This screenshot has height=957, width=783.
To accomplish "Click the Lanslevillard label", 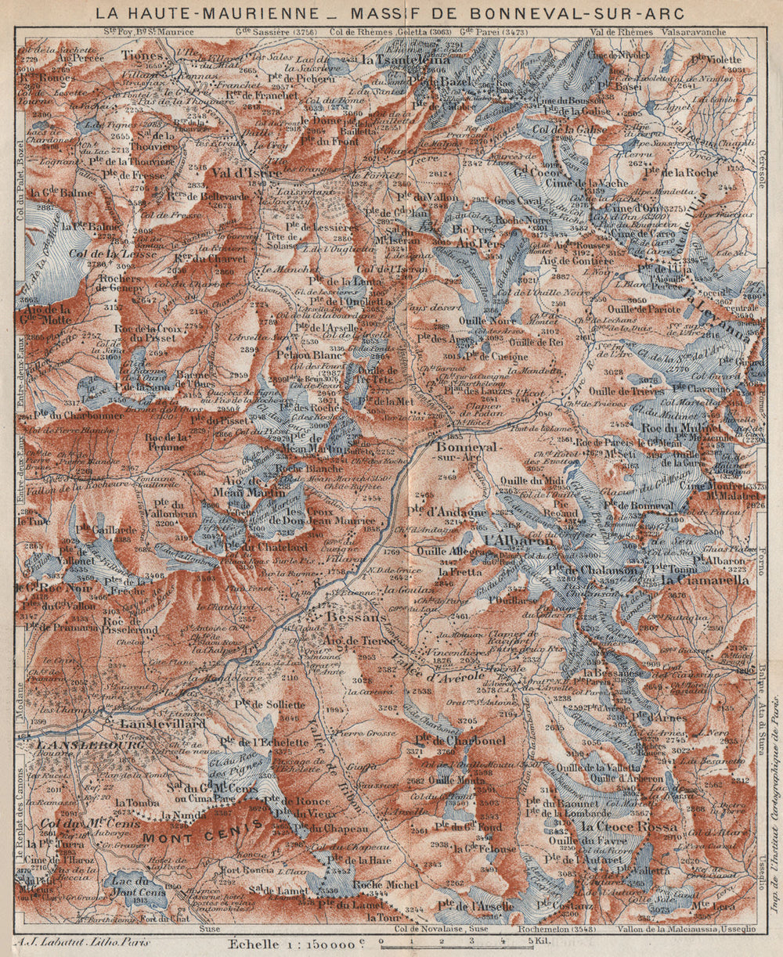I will [x=162, y=725].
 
